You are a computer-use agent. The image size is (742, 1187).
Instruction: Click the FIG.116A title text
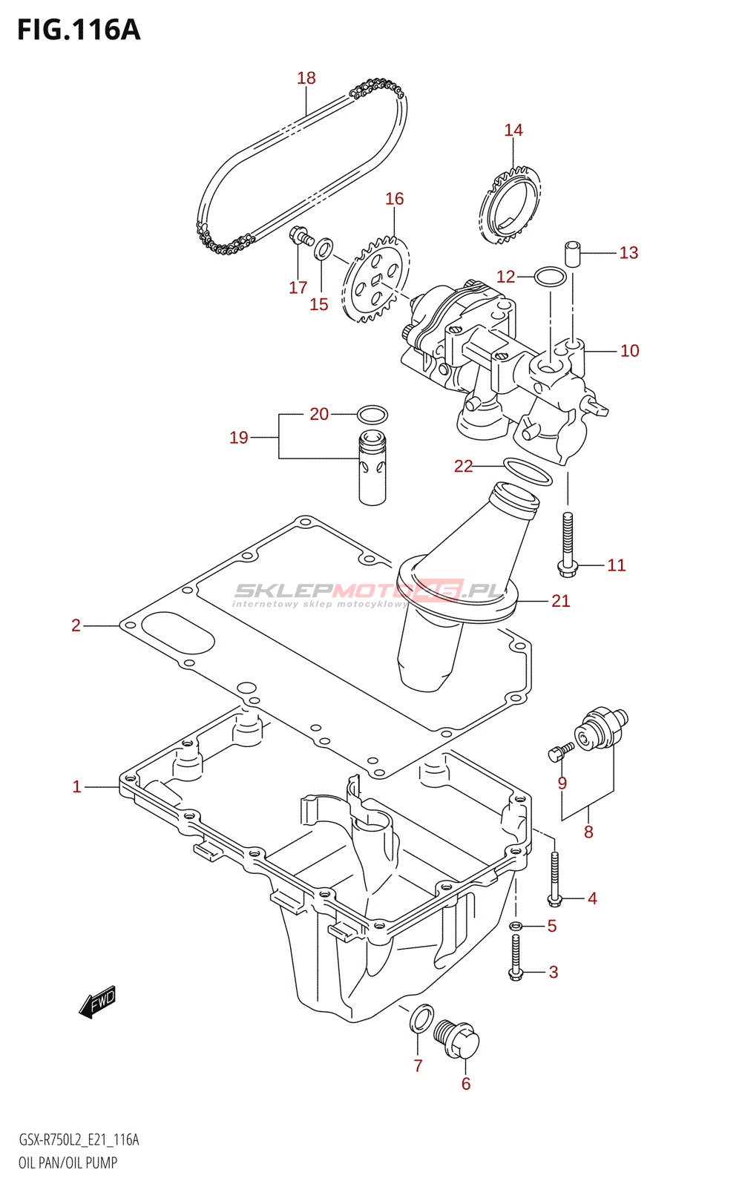click(79, 30)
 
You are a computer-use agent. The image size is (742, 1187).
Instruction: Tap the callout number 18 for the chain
click(306, 79)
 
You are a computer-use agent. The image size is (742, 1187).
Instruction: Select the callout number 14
click(513, 131)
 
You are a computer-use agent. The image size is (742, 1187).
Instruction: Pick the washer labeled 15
click(324, 249)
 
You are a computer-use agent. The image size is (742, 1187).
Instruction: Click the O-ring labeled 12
click(550, 277)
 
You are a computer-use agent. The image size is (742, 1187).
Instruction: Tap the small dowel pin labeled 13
click(571, 253)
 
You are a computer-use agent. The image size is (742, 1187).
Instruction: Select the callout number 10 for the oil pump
click(630, 351)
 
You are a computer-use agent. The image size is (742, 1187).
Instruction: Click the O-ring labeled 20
click(372, 414)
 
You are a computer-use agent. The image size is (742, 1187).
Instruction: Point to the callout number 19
click(239, 438)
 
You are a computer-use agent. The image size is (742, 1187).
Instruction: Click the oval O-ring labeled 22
click(528, 472)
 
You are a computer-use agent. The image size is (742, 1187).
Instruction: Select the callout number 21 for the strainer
click(561, 601)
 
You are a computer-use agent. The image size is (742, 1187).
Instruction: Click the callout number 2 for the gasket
click(76, 626)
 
